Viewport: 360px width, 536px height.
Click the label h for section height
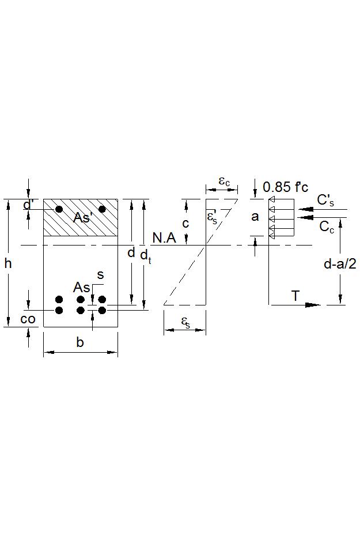(x=8, y=263)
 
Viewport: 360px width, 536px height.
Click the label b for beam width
(x=80, y=343)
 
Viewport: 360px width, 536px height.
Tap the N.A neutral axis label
(x=164, y=237)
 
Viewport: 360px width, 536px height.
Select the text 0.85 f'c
(x=285, y=187)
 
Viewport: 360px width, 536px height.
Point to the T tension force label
(x=295, y=296)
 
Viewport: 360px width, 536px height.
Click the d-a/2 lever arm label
(x=340, y=264)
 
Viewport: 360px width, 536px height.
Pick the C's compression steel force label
(x=325, y=200)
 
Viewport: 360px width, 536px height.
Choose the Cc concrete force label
(x=327, y=227)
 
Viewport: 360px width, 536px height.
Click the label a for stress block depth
(x=255, y=217)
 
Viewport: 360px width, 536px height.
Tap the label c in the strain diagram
(x=185, y=224)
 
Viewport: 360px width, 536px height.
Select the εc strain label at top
(x=224, y=180)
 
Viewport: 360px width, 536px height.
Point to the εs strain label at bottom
(x=186, y=322)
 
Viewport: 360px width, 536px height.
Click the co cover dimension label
(x=28, y=319)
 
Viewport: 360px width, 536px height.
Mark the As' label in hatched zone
(x=82, y=217)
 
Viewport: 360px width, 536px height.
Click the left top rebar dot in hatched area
(x=59, y=209)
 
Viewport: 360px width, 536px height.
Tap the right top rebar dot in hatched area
(x=103, y=209)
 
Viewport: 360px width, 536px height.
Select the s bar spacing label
(x=100, y=275)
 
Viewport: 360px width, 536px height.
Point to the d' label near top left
(x=28, y=205)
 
